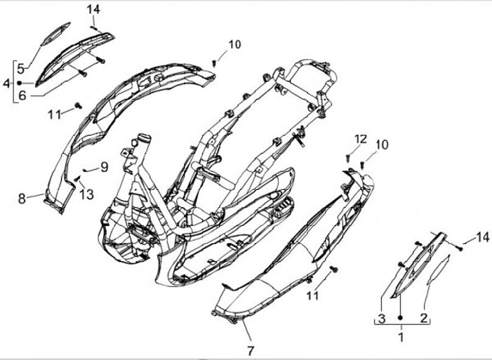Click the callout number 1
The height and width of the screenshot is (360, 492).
coord(401,336)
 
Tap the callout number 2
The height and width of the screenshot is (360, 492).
coord(424,318)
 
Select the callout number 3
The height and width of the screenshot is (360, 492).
coord(382,318)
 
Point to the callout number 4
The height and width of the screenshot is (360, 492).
coord(7,83)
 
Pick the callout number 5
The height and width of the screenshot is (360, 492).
coord(21,68)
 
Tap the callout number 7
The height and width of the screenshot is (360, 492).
coord(251,350)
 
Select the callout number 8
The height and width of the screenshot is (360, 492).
coord(22,198)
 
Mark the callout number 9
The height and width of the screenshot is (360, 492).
coord(105,166)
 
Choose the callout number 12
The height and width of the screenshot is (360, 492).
coord(361,139)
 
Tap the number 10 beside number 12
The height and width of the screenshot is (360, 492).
coord(381,144)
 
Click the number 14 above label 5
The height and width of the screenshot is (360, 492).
coord(94,9)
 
